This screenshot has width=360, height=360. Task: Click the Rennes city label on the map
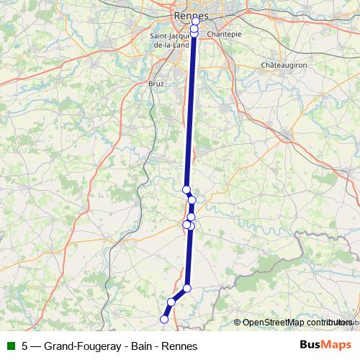tap(191, 15)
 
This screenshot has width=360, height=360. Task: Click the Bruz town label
tap(156, 84)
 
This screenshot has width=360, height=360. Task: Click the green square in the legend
tap(10, 345)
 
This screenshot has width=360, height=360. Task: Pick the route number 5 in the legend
tap(25, 345)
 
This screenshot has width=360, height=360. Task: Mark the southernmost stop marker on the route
tap(164, 318)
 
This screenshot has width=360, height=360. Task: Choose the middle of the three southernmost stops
tap(171, 302)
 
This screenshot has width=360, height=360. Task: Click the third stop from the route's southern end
tap(187, 289)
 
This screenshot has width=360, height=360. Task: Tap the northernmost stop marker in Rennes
tap(195, 22)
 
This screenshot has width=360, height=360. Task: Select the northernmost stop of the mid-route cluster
tap(186, 189)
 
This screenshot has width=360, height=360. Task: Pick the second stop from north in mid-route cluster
tap(192, 200)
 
